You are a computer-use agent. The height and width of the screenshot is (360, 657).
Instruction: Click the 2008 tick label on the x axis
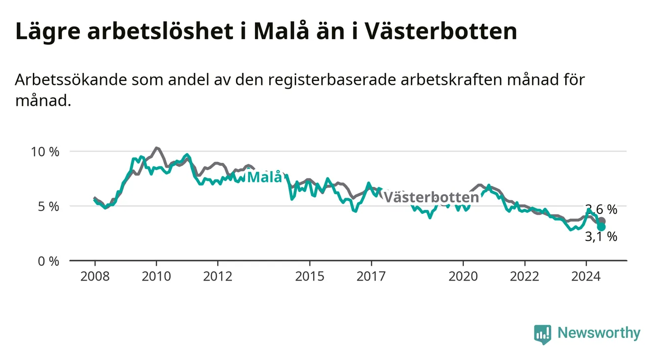[x=95, y=277]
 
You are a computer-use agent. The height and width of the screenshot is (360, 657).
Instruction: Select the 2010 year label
[x=156, y=277]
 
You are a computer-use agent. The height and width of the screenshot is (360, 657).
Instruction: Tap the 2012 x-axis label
[x=218, y=277]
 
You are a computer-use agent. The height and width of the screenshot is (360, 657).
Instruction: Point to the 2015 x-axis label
[x=310, y=277]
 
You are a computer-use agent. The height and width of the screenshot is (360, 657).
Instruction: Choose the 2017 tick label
[x=371, y=277]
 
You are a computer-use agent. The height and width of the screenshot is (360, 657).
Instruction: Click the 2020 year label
[x=463, y=277]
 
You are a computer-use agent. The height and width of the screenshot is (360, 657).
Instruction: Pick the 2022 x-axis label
[x=525, y=277]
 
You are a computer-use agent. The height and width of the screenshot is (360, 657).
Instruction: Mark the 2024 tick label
[x=586, y=277]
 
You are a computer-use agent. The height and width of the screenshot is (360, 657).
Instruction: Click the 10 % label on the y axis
[x=45, y=152]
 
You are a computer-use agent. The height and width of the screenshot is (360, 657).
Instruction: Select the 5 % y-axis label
[x=49, y=207]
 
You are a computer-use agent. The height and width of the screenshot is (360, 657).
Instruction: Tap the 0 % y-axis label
[x=49, y=261]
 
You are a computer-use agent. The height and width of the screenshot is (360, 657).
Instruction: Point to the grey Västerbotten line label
[x=431, y=197]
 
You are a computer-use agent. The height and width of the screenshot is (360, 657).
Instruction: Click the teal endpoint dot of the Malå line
[x=601, y=227]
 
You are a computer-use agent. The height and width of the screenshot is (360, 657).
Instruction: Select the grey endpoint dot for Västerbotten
[x=601, y=221]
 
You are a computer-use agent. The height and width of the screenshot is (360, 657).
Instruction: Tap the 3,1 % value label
[x=601, y=236]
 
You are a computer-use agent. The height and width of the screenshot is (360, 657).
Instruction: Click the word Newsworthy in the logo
[x=599, y=333]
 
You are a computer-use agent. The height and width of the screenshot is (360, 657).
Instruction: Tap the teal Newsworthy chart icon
[x=543, y=334]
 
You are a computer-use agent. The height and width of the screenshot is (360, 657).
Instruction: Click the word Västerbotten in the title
[x=441, y=31]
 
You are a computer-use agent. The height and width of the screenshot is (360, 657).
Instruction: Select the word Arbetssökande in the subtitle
[x=71, y=79]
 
